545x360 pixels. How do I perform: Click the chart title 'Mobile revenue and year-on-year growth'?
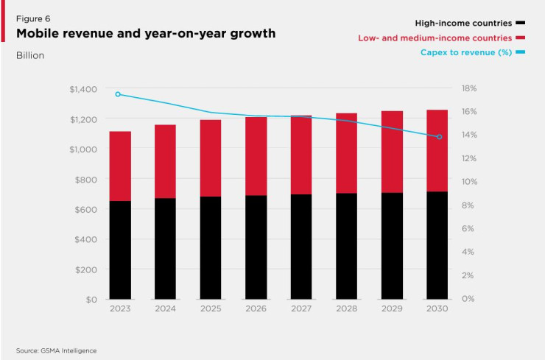tap(146, 34)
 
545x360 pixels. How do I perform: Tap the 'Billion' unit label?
tap(29, 55)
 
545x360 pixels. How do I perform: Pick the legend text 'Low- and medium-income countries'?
tap(435, 38)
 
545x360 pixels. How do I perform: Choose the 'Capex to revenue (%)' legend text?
tap(465, 52)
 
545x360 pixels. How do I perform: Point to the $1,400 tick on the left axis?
tap(83, 89)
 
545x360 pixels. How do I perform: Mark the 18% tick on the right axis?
tap(468, 88)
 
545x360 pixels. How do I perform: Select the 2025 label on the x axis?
tap(210, 308)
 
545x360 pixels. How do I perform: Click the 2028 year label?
tap(347, 308)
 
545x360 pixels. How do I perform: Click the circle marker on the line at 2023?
tap(118, 94)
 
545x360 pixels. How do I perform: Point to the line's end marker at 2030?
tap(440, 137)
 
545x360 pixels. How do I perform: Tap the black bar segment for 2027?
tap(301, 247)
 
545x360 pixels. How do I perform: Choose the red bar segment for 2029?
tap(393, 152)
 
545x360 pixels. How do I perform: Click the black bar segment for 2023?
tap(120, 250)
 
